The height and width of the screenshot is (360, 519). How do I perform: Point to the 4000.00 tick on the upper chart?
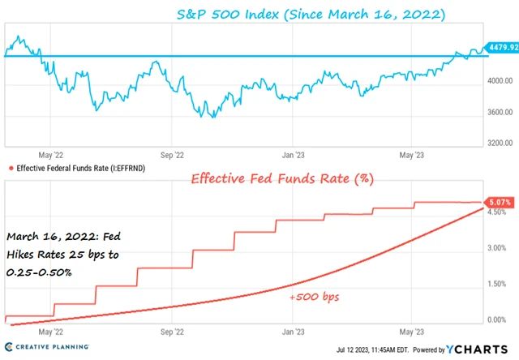(500, 81)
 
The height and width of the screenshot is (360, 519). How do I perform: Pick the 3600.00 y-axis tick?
(500, 112)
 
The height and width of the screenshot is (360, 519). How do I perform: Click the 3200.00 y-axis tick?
(500, 143)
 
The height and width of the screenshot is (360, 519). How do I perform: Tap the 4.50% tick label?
(496, 214)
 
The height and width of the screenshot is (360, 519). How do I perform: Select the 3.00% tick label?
(496, 249)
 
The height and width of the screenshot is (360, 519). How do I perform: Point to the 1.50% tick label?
(496, 285)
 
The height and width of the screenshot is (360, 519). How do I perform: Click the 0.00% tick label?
(496, 319)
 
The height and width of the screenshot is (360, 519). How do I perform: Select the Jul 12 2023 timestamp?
(365, 351)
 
